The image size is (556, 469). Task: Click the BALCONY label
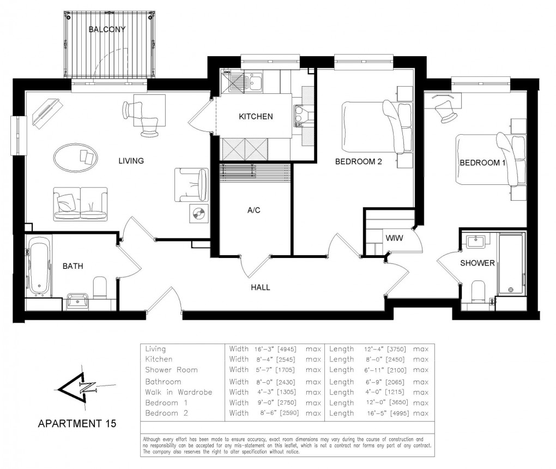point(107,29)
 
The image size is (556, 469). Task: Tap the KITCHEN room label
point(256,116)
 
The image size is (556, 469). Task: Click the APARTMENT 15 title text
point(76,423)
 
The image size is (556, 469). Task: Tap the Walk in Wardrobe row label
point(178,392)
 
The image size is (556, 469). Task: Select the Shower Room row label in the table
point(171,370)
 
